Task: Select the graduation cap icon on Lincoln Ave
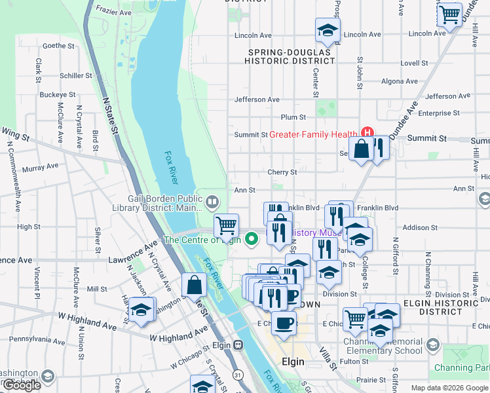[x=328, y=30]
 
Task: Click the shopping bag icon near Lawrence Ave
[x=195, y=286]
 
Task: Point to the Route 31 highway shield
[x=236, y=375]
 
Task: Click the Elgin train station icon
[x=238, y=345]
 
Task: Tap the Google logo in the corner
[x=21, y=385]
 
